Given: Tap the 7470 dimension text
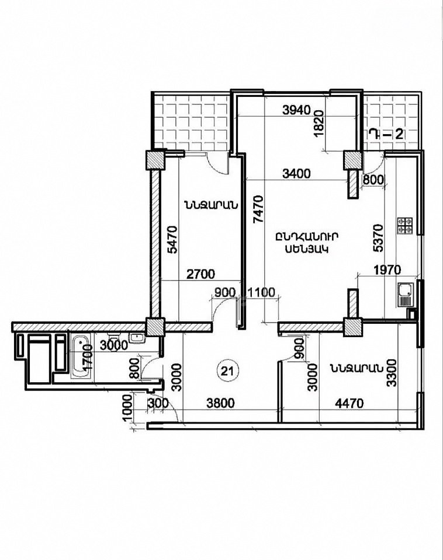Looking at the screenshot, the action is tap(258, 209).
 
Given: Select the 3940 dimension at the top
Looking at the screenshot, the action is tap(296, 110).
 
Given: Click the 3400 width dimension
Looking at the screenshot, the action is tap(296, 174).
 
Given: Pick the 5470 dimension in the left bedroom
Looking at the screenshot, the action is tap(172, 240).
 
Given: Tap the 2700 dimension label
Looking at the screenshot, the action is tap(201, 274).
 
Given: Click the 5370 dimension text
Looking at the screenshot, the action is tap(378, 238).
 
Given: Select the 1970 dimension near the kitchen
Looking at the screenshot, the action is tap(387, 269).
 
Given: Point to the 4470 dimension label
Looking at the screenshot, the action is tap(349, 404).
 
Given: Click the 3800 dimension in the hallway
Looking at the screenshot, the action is tap(221, 403).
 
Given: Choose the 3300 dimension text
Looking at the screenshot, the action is tap(392, 373).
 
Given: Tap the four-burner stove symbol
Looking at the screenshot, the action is tap(404, 226).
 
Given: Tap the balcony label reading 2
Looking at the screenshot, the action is tap(399, 135).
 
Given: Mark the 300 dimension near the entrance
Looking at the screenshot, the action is tap(157, 403).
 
